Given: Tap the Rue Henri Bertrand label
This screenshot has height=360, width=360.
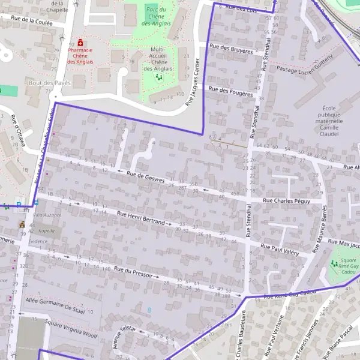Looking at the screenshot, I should click(x=140, y=217).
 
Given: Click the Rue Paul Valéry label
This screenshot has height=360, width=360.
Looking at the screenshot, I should click(x=280, y=249).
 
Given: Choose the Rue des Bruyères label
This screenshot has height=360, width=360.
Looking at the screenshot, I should click(x=231, y=49).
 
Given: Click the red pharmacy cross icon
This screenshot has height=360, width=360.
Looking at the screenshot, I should click(x=80, y=44).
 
